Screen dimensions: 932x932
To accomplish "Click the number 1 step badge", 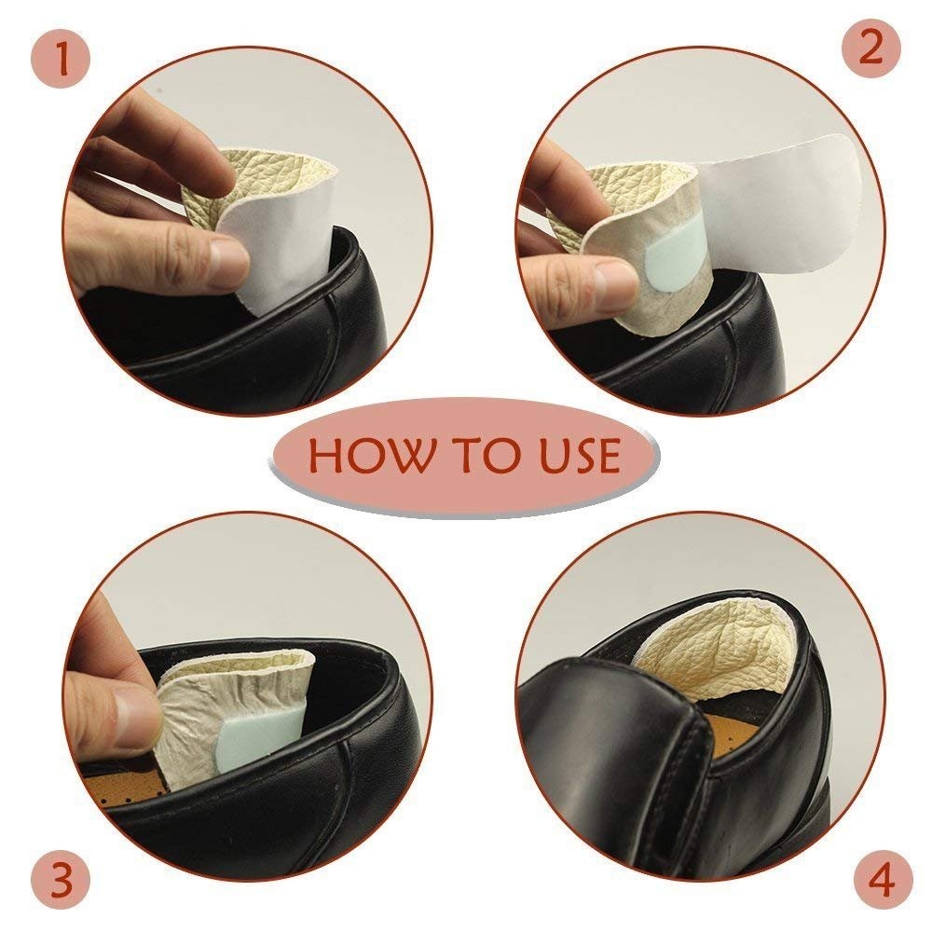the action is pos(60,60).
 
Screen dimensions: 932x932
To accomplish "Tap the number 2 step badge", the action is pos(871,48).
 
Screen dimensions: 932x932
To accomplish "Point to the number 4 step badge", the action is pos(882,879).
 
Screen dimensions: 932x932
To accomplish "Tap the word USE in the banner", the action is pos(580,456).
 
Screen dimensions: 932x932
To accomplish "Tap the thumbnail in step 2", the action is pos(616,279).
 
